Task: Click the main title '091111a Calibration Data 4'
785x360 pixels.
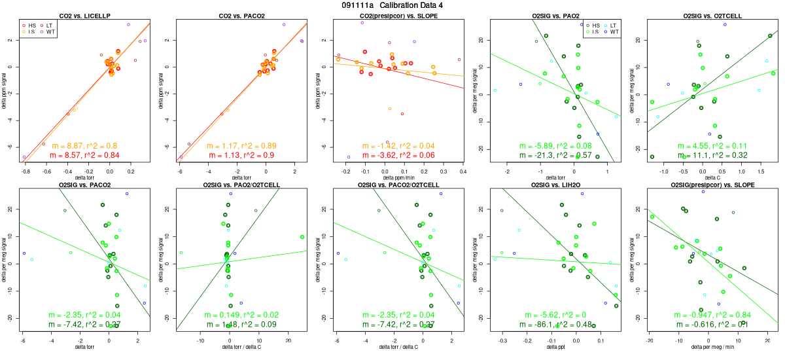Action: click(x=392, y=5)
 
